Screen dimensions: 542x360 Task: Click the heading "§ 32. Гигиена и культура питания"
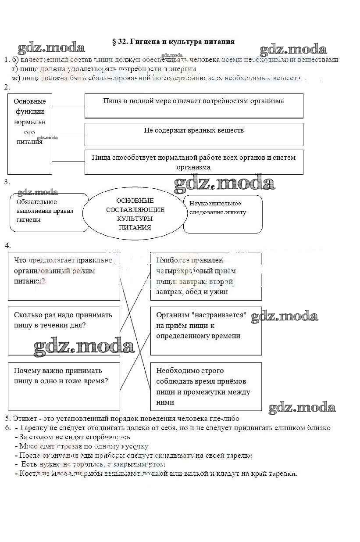pos(173,42)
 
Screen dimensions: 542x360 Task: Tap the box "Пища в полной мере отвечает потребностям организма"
pos(193,105)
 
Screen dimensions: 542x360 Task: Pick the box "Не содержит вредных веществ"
pos(193,134)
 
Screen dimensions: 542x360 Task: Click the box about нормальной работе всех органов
pos(193,162)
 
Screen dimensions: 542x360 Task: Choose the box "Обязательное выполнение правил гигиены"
pos(49,212)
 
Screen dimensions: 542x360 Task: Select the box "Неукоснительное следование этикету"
pos(223,214)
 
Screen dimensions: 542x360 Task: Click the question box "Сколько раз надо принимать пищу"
pos(64,325)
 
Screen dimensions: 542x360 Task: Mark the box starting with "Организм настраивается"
pos(206,330)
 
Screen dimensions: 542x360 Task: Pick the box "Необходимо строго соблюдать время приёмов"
pos(206,386)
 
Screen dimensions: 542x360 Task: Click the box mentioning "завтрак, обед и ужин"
pos(206,276)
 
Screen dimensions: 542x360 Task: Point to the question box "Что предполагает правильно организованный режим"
pos(64,276)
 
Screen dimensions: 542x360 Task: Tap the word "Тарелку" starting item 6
pos(33,428)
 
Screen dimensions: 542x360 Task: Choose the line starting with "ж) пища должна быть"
pos(156,78)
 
